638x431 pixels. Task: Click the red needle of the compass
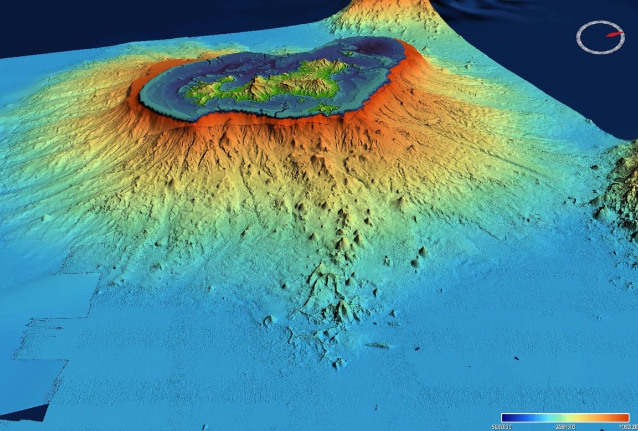[x=614, y=34]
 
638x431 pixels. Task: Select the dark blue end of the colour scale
[x=505, y=418]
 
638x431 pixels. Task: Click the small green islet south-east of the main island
[x=324, y=107]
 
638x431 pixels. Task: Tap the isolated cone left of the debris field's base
[x=270, y=320]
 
